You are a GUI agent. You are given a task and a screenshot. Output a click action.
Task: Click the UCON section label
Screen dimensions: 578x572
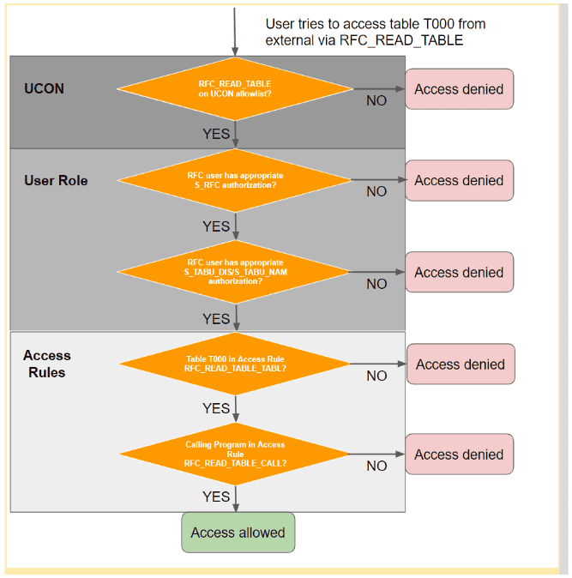(44, 88)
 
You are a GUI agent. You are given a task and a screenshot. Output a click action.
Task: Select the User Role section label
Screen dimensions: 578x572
(56, 180)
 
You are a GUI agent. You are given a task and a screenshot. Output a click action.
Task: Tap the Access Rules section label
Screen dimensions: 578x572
(47, 364)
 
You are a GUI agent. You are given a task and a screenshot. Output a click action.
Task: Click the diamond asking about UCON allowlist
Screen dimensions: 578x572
(234, 88)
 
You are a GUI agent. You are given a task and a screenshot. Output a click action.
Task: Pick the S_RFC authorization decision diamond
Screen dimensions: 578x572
(234, 180)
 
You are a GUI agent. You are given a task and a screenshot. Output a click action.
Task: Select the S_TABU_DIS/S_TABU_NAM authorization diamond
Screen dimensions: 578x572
(234, 272)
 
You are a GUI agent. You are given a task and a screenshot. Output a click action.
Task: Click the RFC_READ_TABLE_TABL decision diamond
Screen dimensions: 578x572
(234, 364)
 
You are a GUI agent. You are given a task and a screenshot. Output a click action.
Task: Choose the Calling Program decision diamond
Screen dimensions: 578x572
(234, 454)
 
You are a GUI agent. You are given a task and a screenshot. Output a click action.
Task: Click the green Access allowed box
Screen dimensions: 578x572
(238, 533)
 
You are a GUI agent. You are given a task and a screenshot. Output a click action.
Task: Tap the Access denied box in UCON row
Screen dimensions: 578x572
(459, 89)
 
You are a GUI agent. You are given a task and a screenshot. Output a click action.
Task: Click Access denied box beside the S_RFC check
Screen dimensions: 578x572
(459, 180)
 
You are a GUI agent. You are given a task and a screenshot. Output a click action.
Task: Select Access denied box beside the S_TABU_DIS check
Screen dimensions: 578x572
(459, 272)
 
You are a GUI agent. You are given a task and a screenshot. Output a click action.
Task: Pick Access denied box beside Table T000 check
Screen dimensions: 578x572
(460, 364)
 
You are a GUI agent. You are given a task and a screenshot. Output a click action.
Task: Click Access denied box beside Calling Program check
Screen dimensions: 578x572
(459, 455)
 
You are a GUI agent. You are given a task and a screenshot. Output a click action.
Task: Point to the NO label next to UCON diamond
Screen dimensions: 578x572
(376, 101)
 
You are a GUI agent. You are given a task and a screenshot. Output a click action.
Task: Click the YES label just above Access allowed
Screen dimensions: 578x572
(216, 497)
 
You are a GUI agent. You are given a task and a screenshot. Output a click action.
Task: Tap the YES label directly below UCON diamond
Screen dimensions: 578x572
(216, 134)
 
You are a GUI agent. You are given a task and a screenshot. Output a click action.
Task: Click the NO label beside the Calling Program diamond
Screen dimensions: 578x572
(376, 467)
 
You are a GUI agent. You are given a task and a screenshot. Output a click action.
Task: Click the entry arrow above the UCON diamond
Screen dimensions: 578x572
(234, 30)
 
